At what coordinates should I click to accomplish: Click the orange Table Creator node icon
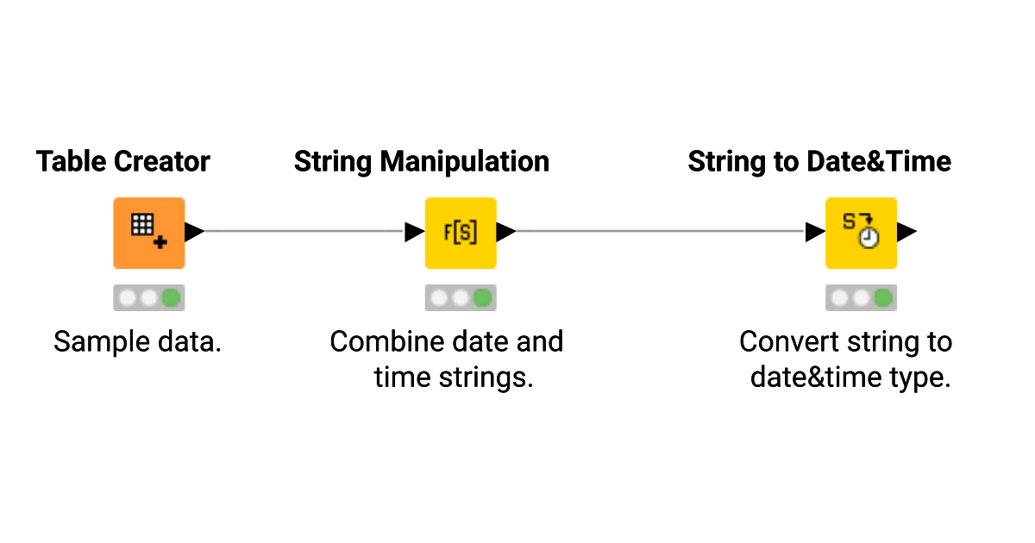pyautogui.click(x=148, y=233)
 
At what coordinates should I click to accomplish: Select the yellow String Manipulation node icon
pyautogui.click(x=461, y=233)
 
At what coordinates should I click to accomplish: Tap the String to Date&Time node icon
pyautogui.click(x=861, y=233)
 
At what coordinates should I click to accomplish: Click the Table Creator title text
pyautogui.click(x=123, y=161)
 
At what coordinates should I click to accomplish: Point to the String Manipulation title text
pyautogui.click(x=421, y=161)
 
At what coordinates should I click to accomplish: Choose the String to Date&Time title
pyautogui.click(x=819, y=161)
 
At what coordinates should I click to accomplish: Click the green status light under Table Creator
pyautogui.click(x=171, y=298)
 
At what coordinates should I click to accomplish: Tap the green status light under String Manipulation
pyautogui.click(x=482, y=298)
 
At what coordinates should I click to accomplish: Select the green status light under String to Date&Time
pyautogui.click(x=882, y=298)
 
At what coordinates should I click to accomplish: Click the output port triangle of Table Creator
pyautogui.click(x=194, y=232)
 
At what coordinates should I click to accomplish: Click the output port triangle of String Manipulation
pyautogui.click(x=506, y=232)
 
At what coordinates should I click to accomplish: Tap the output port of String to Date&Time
pyautogui.click(x=906, y=232)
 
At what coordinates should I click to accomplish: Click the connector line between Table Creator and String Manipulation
pyautogui.click(x=302, y=231)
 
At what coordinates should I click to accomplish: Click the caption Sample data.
pyautogui.click(x=137, y=342)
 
